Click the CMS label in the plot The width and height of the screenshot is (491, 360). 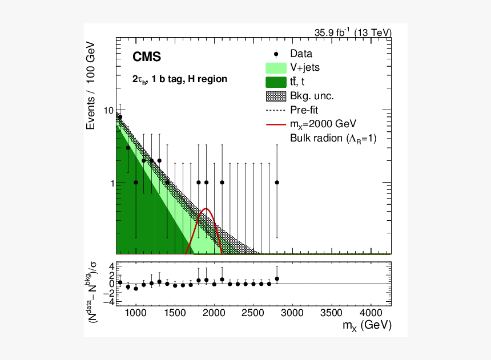tap(147, 57)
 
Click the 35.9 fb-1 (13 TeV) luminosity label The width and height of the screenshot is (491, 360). tap(353, 33)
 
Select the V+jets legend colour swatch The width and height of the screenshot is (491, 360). tap(276, 68)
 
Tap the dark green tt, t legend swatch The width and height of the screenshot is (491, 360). tap(276, 82)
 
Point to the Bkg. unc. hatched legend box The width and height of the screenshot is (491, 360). tap(276, 96)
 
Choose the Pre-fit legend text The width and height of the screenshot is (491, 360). tap(308, 110)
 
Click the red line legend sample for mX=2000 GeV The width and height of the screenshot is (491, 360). tap(276, 124)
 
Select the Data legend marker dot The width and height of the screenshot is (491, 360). tap(276, 54)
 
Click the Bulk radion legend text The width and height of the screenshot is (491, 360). tap(333, 137)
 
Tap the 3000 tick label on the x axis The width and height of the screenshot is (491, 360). tap(292, 313)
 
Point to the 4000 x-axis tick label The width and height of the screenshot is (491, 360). tap(371, 313)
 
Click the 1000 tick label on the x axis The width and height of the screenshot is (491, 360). tap(135, 313)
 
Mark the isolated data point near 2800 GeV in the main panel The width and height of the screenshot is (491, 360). tap(277, 183)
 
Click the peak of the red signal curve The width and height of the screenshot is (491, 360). tap(207, 209)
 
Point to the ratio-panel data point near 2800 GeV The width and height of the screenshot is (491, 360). tap(277, 279)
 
